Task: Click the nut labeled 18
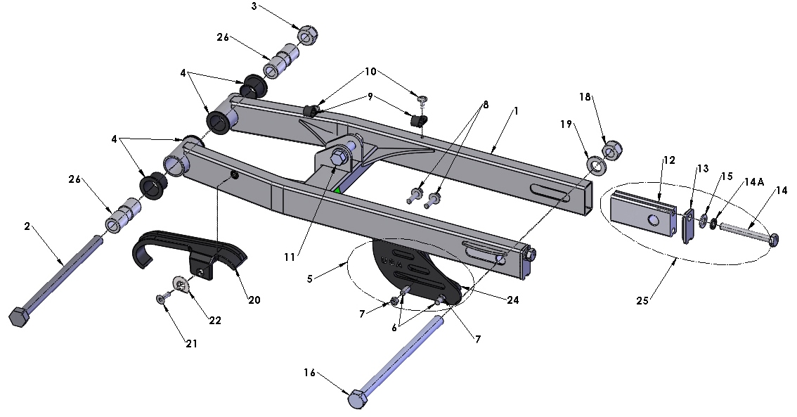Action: pyautogui.click(x=609, y=150)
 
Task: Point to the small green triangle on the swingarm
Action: pyautogui.click(x=337, y=190)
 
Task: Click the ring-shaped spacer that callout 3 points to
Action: pyautogui.click(x=307, y=34)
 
